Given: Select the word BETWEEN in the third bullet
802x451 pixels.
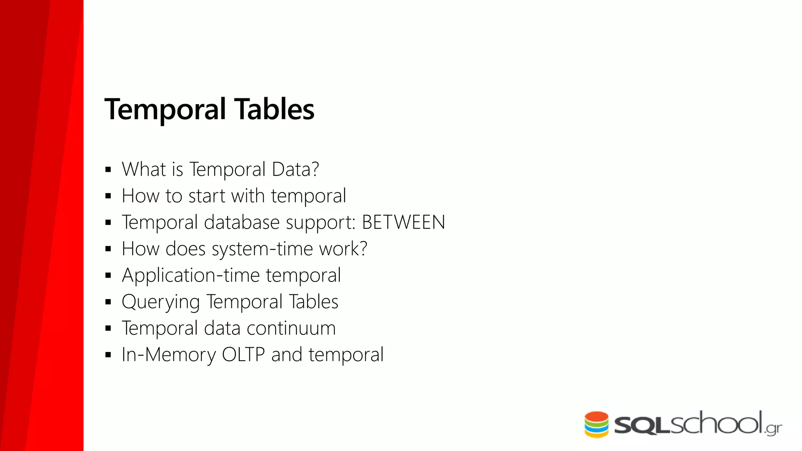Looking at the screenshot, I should pyautogui.click(x=403, y=222).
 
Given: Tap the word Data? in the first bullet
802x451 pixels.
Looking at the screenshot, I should pyautogui.click(x=295, y=170).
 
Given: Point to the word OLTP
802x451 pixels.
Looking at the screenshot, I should pyautogui.click(x=243, y=355).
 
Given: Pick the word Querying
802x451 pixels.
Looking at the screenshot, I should pyautogui.click(x=161, y=302).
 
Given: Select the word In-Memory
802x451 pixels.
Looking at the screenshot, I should pyautogui.click(x=168, y=355).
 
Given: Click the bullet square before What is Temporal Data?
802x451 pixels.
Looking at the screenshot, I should pyautogui.click(x=108, y=170).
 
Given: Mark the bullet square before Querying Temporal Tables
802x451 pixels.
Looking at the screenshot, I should pyautogui.click(x=108, y=302).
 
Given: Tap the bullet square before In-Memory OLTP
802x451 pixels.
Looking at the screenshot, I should pyautogui.click(x=108, y=355).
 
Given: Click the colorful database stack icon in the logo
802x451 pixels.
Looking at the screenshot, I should pyautogui.click(x=596, y=424).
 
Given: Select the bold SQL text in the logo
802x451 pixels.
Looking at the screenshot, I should pyautogui.click(x=642, y=426).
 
